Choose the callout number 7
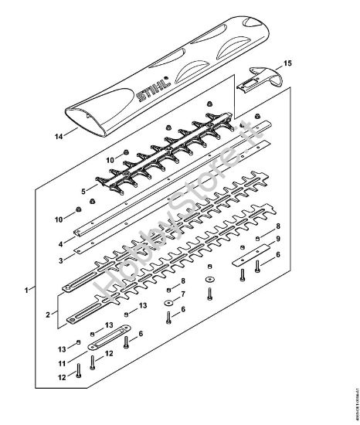pyautogui.click(x=182, y=295)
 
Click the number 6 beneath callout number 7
pyautogui.click(x=182, y=310)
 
